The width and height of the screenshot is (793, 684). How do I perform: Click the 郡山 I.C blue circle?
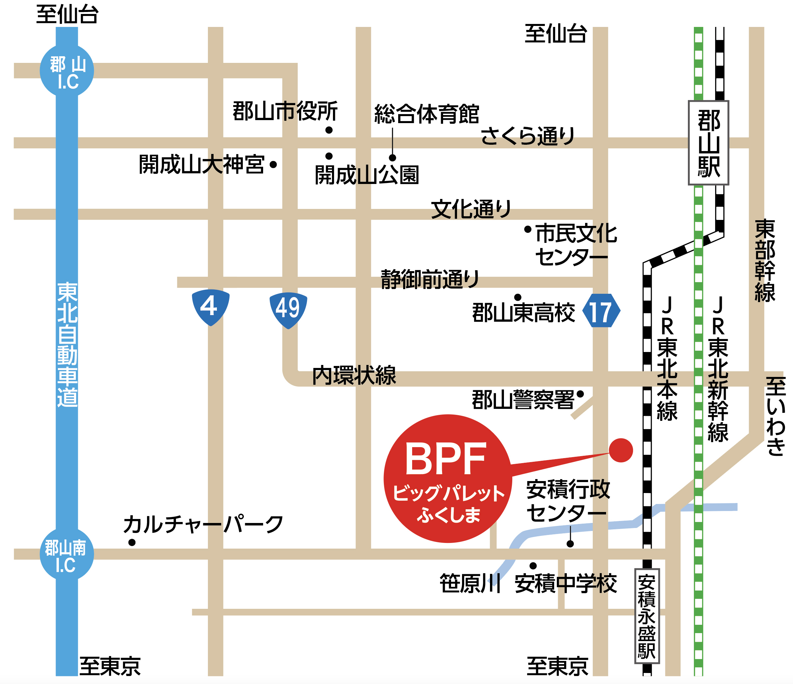67,71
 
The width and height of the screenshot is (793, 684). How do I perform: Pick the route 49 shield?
288,310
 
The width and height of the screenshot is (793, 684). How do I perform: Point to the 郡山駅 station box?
709,143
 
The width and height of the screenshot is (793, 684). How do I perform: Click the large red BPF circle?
448,478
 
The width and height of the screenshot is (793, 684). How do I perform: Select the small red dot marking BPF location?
621,450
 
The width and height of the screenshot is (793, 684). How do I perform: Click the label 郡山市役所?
285,111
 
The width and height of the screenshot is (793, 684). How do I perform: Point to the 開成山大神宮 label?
202,165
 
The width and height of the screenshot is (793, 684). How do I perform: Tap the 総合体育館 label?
426,114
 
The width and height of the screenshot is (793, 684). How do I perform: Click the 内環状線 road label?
354,376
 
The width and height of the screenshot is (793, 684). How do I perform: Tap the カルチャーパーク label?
203,524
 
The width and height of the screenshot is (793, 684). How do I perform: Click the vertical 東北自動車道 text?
68,344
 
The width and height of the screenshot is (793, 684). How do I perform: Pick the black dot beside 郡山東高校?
518,297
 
